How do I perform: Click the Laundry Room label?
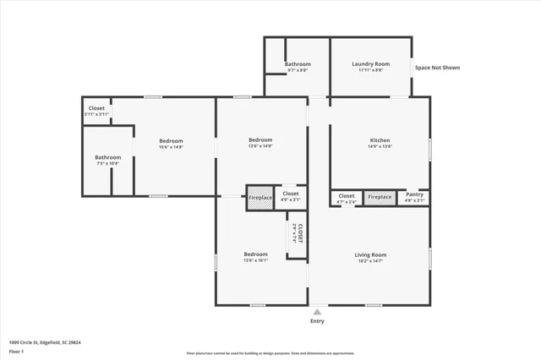coord(370,64)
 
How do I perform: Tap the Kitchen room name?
coord(380,140)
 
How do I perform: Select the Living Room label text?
coord(370,254)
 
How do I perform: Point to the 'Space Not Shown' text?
coord(437,68)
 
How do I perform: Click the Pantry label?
coord(414,195)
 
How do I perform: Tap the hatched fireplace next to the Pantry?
coord(380,197)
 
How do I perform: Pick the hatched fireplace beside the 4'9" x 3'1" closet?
coord(260,197)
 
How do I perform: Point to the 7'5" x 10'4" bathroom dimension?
coord(107,163)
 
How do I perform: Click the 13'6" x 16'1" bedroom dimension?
coord(256,261)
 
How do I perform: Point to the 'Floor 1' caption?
coord(17,351)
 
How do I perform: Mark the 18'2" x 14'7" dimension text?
coord(370,261)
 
